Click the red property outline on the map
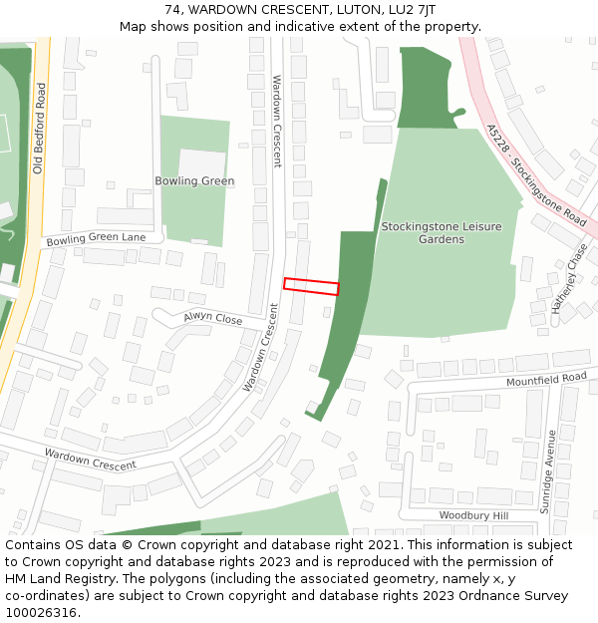pos(311,286)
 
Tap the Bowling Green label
pos(194,181)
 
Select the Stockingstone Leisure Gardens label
pos(442,233)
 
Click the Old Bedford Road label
pos(39,128)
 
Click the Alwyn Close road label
pos(212,319)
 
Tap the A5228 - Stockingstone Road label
pos(536,174)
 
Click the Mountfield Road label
pos(546,380)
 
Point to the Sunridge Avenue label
pos(547,471)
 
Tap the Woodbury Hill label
pos(473,515)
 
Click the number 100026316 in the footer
pos(41,612)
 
